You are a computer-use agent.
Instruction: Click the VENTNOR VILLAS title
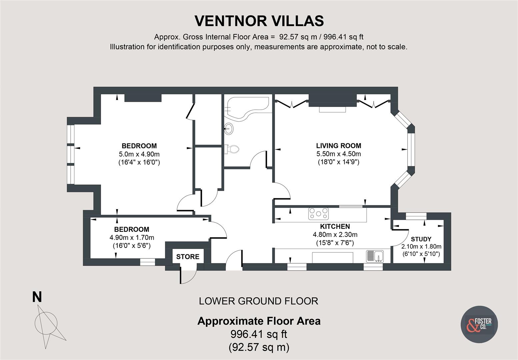(x=259, y=21)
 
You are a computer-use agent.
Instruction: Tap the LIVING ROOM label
(x=338, y=146)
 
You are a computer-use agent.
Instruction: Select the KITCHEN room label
(x=335, y=226)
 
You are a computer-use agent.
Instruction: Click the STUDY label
(x=421, y=239)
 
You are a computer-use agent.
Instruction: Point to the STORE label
(x=188, y=257)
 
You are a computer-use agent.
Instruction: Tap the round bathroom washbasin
(x=229, y=128)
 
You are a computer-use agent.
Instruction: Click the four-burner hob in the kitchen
(x=318, y=214)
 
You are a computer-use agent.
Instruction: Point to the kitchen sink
(x=375, y=256)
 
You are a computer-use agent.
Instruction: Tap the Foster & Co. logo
(x=480, y=324)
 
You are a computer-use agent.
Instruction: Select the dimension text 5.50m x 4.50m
(x=338, y=154)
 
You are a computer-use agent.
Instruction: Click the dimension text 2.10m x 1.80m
(x=421, y=247)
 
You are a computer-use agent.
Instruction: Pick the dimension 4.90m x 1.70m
(x=132, y=238)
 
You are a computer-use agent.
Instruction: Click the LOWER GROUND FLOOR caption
(x=258, y=301)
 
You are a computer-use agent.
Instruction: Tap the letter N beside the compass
(x=37, y=297)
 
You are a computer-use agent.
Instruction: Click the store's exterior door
(x=188, y=275)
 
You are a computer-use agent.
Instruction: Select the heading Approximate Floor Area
(x=259, y=321)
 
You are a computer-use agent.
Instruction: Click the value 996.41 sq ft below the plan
(x=259, y=334)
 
